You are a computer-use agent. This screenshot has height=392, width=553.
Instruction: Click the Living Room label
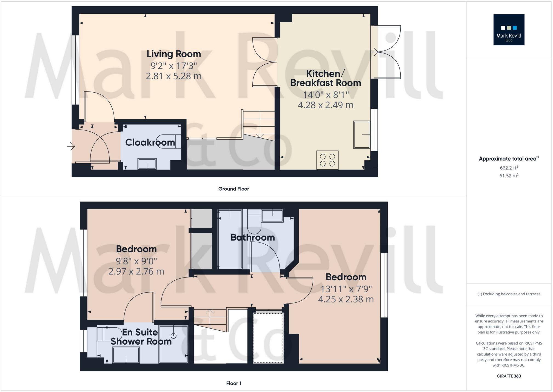coord(174,54)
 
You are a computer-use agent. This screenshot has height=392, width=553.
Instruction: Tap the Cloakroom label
coord(150,142)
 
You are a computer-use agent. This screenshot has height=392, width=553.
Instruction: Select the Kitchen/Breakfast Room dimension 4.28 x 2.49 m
coord(326,105)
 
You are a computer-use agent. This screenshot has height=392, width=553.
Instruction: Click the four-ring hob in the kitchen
coord(327,160)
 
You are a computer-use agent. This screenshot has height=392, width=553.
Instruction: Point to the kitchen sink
coord(362,135)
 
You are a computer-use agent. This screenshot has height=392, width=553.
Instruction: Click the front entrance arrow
coord(71,147)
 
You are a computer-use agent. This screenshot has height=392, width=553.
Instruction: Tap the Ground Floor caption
coord(233,189)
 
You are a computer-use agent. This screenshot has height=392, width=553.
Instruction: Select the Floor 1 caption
coord(234,383)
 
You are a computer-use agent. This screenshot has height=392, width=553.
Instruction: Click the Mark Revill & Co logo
coord(509,30)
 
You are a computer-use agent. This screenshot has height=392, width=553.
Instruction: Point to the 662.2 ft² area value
coord(509,168)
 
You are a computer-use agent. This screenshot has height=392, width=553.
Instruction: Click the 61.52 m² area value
coord(509,176)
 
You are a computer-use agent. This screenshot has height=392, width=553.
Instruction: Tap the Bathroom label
coord(253,237)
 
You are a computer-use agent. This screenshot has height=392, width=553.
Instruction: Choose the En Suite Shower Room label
coord(141,337)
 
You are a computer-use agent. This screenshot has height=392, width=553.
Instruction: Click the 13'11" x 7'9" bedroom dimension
coord(346,289)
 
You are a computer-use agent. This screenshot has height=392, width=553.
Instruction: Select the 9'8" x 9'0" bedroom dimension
coord(136,261)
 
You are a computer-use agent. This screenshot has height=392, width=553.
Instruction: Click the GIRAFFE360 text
coord(509,376)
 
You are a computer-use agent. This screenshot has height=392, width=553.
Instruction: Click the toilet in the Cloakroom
coord(169,141)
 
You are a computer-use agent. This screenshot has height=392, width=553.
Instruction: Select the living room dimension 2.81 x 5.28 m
coord(174,76)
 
